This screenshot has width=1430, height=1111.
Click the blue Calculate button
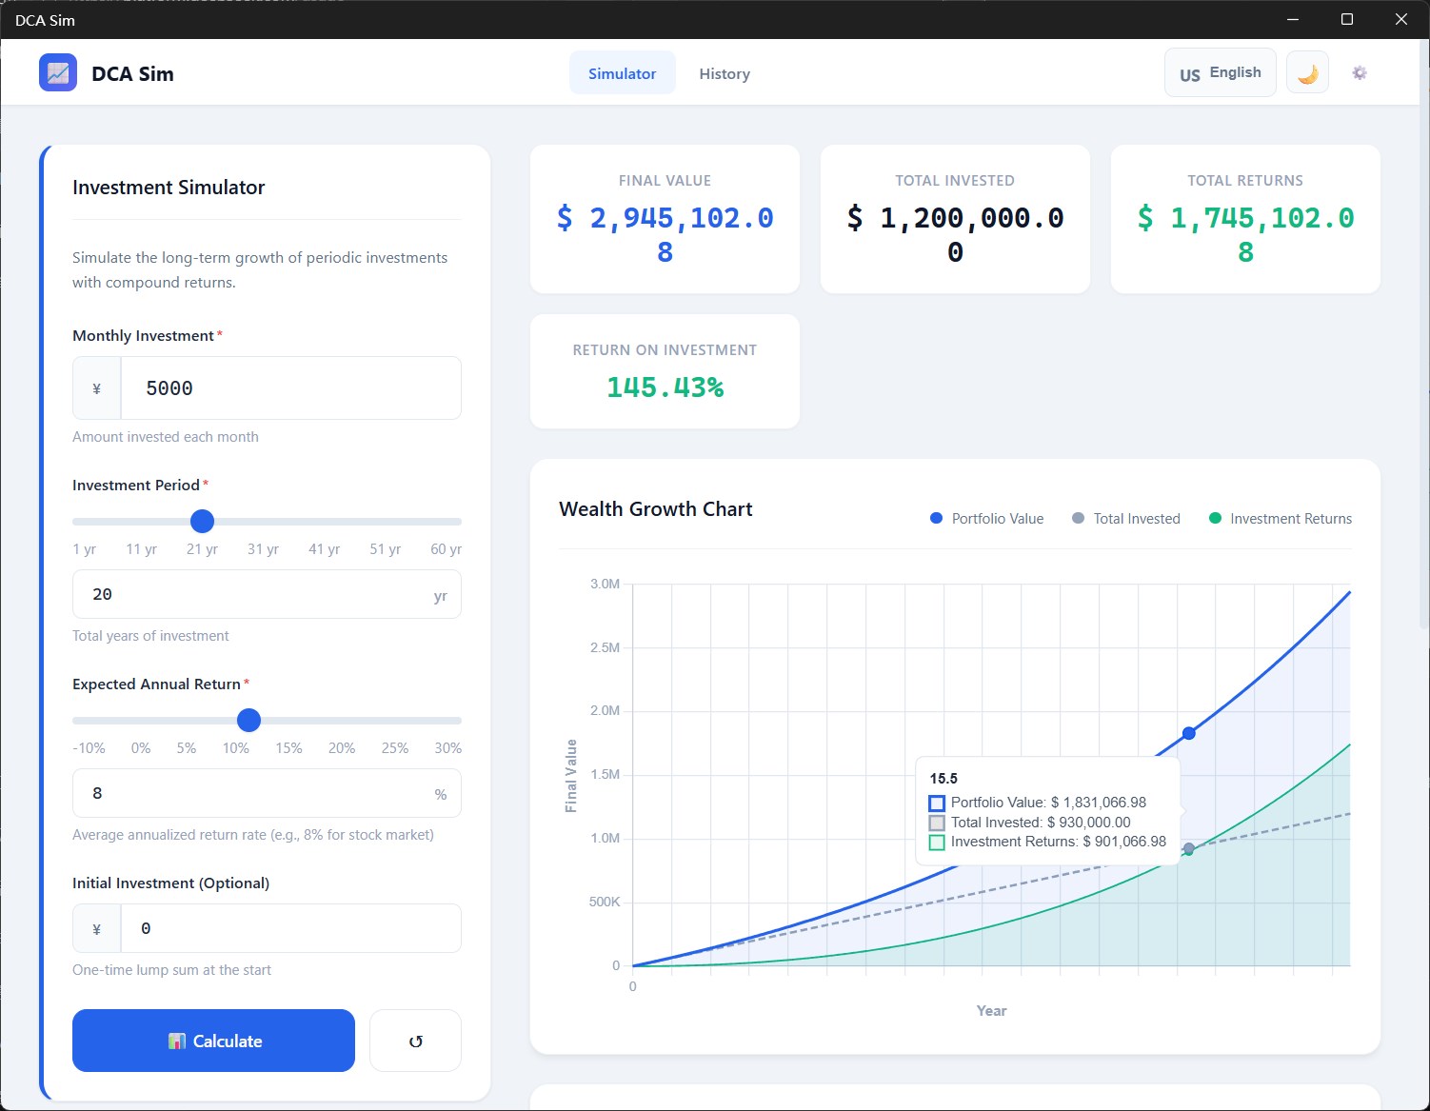(213, 1040)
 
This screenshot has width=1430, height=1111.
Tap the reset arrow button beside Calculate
(415, 1040)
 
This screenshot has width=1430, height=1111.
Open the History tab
(724, 73)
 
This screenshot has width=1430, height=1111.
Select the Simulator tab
(622, 73)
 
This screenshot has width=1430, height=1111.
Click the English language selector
(1221, 72)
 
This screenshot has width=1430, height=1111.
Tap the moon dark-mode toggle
(1307, 73)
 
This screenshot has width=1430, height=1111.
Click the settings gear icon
(1360, 72)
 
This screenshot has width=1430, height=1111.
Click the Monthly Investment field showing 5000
(291, 388)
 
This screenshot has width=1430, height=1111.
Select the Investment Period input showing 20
(267, 594)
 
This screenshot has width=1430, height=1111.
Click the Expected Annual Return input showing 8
(267, 793)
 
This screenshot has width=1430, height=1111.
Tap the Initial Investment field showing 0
(291, 928)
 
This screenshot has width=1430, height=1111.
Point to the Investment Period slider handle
(202, 521)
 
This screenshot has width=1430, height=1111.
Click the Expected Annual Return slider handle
(248, 721)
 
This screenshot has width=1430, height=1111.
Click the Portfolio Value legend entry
(986, 518)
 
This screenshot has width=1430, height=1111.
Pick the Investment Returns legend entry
(1280, 518)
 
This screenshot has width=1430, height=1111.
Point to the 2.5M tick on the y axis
(605, 647)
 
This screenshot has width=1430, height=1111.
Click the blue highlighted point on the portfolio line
(1188, 733)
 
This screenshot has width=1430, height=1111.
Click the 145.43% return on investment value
(665, 387)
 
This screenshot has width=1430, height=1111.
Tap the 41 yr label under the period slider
(324, 548)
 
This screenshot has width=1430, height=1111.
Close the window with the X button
(1401, 20)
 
